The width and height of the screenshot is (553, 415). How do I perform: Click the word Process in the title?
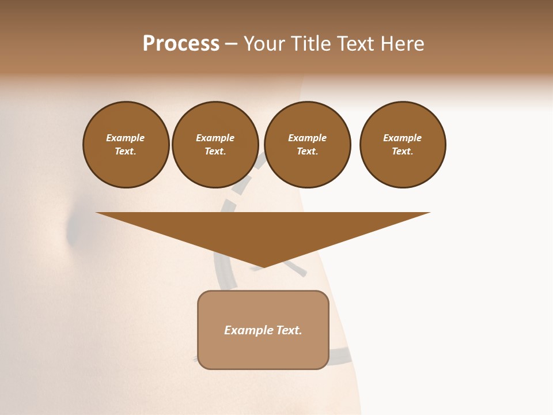point(181,44)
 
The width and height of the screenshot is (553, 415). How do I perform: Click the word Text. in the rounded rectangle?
point(289,330)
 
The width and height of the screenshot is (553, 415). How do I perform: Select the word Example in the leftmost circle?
point(126,138)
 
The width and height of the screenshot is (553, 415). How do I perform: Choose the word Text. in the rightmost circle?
point(402,151)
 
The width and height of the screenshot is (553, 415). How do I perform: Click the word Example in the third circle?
point(307,138)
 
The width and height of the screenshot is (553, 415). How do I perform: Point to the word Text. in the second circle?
point(215,151)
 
